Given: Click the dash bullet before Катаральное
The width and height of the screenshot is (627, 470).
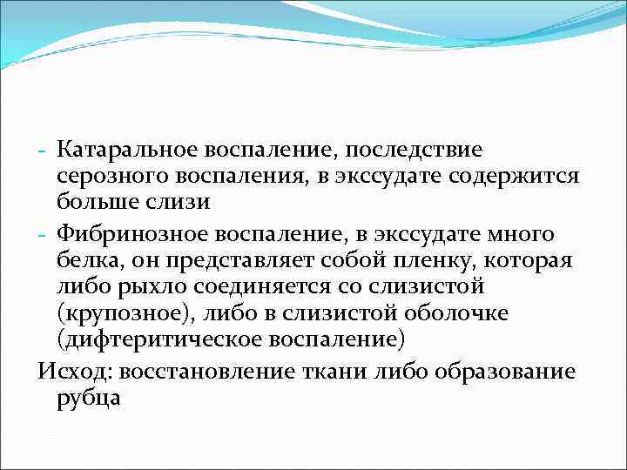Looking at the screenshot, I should click(x=44, y=151).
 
